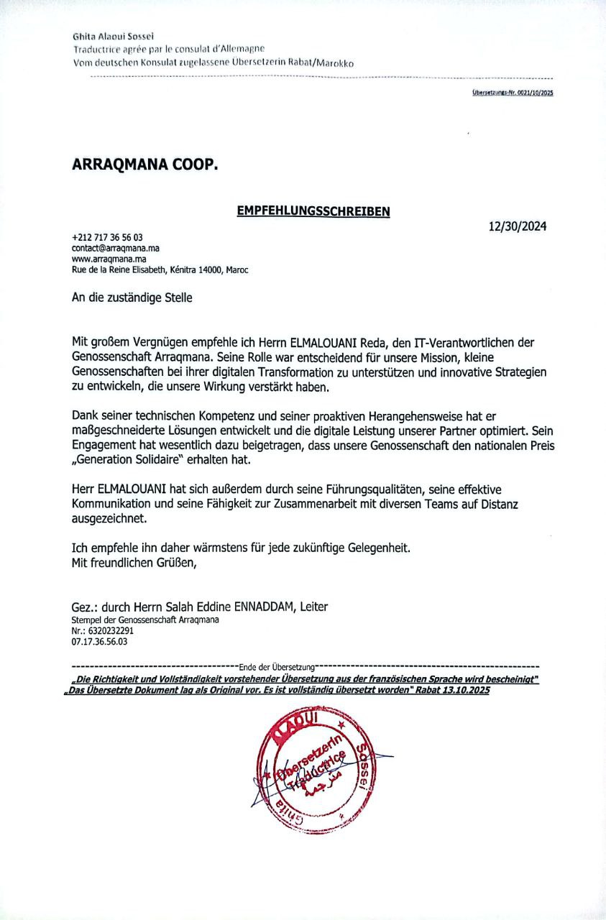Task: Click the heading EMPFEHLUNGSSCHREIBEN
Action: (313, 211)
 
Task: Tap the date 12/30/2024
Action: (517, 226)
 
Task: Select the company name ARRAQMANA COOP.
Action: (144, 165)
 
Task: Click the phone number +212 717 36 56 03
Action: (108, 237)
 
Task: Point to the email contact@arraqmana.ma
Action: (116, 247)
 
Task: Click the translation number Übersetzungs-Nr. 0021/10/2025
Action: (513, 93)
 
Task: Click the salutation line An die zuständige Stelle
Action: (132, 296)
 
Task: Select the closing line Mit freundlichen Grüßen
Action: (134, 563)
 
